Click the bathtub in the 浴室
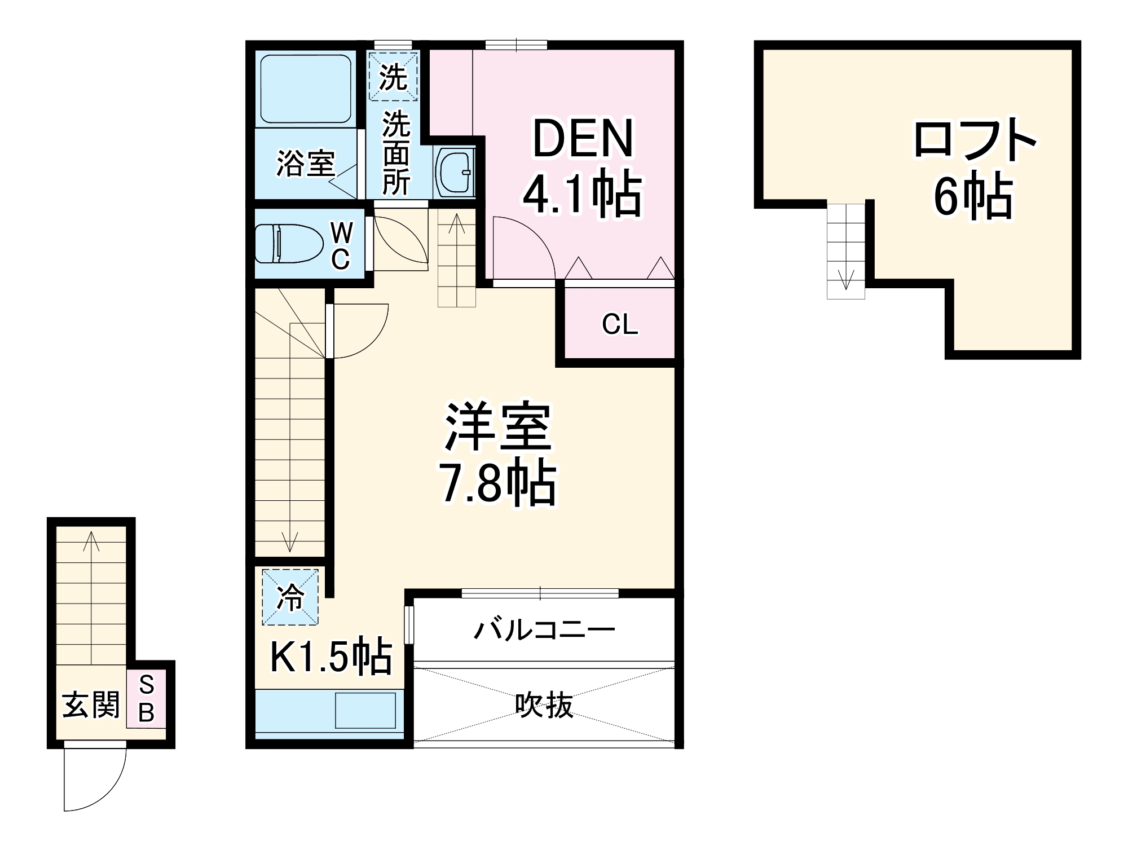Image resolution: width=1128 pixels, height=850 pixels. point(306,89)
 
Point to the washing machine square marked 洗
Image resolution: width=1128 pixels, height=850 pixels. point(393,77)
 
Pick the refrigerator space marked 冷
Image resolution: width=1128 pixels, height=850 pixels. point(290,597)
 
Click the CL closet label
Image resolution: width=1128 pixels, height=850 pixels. point(619,324)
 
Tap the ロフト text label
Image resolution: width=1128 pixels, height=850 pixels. point(975,140)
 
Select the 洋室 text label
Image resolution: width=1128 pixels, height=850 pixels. point(497,427)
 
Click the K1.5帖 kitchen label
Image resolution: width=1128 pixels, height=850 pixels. point(331,656)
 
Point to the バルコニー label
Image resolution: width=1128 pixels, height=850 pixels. point(544,629)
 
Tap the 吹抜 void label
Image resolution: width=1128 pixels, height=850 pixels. point(544,705)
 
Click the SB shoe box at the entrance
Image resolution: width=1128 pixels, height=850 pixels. point(146,699)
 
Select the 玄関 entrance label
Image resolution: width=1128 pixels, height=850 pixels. point(91,704)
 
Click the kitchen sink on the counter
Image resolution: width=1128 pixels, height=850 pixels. point(365,711)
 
